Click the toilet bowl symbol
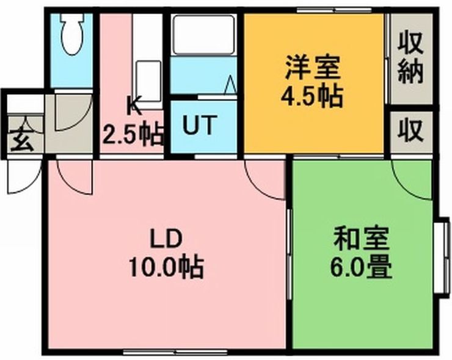pyautogui.click(x=72, y=34)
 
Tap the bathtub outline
pyautogui.click(x=203, y=35)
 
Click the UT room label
pyautogui.click(x=200, y=125)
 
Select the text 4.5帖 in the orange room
pyautogui.click(x=312, y=96)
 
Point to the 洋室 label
pyautogui.click(x=313, y=68)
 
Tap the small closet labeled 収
pyautogui.click(x=411, y=131)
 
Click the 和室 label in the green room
pyautogui.click(x=361, y=239)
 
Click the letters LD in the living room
pyautogui.click(x=166, y=239)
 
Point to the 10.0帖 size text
pyautogui.click(x=166, y=267)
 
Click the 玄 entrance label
pyautogui.click(x=22, y=140)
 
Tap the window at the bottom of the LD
pyautogui.click(x=176, y=352)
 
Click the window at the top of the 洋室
pyautogui.click(x=334, y=10)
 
